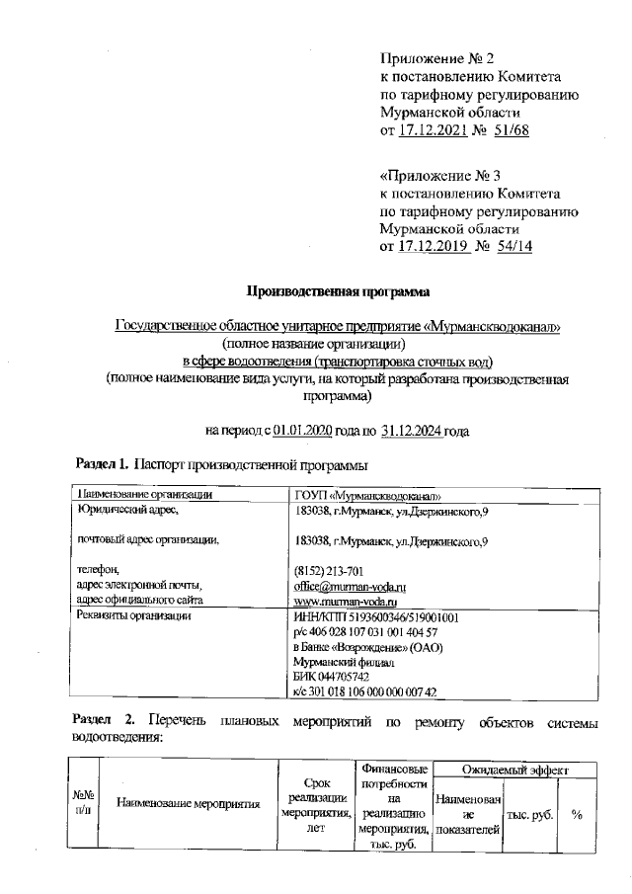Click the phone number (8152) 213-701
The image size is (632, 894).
330,571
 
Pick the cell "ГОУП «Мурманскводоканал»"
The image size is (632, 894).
367,496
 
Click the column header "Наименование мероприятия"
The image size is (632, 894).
188,804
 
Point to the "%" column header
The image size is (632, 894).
576,815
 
